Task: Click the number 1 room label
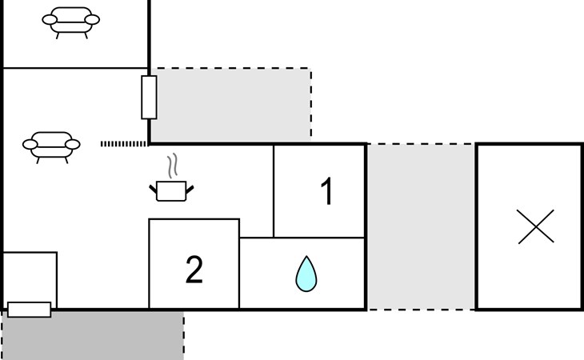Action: pyautogui.click(x=326, y=191)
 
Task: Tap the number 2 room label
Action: pyautogui.click(x=194, y=270)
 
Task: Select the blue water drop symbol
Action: pyautogui.click(x=306, y=274)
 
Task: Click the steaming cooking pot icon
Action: pyautogui.click(x=171, y=178)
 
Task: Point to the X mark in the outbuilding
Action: pyautogui.click(x=535, y=226)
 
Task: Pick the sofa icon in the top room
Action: pyautogui.click(x=70, y=22)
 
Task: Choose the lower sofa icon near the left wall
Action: pyautogui.click(x=51, y=147)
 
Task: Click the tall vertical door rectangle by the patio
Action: pyautogui.click(x=149, y=98)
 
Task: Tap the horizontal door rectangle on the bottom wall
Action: pyautogui.click(x=30, y=310)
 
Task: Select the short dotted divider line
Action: pyautogui.click(x=124, y=144)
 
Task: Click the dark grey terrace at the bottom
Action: pyautogui.click(x=93, y=336)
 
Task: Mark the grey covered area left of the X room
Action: pyautogui.click(x=421, y=226)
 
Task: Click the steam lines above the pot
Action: pyautogui.click(x=172, y=166)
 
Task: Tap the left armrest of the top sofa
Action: pyautogui.click(x=50, y=20)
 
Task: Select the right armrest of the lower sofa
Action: pyautogui.click(x=73, y=145)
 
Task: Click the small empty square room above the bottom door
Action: pyautogui.click(x=30, y=277)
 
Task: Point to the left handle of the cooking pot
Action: pyautogui.click(x=153, y=189)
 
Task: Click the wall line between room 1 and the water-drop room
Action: pyautogui.click(x=319, y=237)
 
